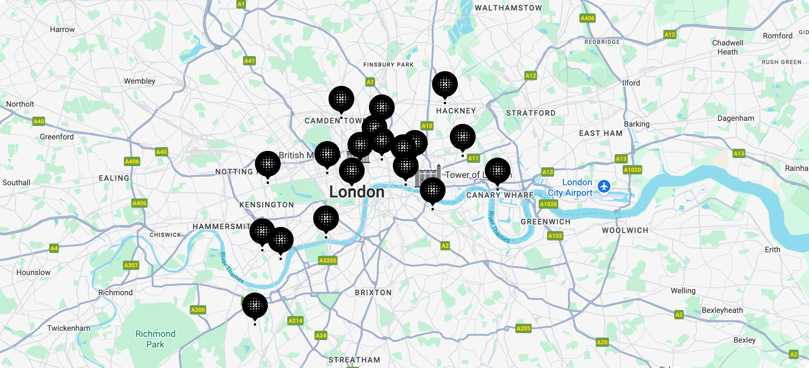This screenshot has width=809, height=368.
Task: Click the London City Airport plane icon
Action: pyautogui.click(x=604, y=186)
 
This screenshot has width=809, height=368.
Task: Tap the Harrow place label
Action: pyautogui.click(x=62, y=29)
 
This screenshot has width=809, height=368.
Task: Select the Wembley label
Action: pyautogui.click(x=139, y=81)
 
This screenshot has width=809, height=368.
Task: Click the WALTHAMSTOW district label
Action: pyautogui.click(x=508, y=8)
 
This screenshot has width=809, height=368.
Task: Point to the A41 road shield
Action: pyautogui.click(x=249, y=61)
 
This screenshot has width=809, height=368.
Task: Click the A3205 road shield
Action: pyautogui.click(x=328, y=260)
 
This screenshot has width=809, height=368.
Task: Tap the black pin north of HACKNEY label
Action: pyautogui.click(x=445, y=84)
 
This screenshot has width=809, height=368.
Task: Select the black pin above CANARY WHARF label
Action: pyautogui.click(x=497, y=171)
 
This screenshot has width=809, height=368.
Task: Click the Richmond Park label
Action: pyautogui.click(x=155, y=339)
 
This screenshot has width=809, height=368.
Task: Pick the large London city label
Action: pyautogui.click(x=356, y=192)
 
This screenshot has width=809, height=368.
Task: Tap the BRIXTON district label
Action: pyautogui.click(x=373, y=293)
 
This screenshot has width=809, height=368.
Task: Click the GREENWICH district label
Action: pyautogui.click(x=545, y=222)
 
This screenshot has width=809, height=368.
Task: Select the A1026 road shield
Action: pyautogui.click(x=548, y=204)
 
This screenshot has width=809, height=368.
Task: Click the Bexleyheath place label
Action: pyautogui.click(x=722, y=310)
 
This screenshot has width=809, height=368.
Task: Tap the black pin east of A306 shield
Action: pyautogui.click(x=255, y=305)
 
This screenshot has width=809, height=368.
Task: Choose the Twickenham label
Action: pyautogui.click(x=69, y=328)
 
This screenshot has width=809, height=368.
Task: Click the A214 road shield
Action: pyautogui.click(x=295, y=320)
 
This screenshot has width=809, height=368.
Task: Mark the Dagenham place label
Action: pyautogui.click(x=735, y=118)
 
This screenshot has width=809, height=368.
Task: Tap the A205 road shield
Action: pyautogui.click(x=523, y=328)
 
